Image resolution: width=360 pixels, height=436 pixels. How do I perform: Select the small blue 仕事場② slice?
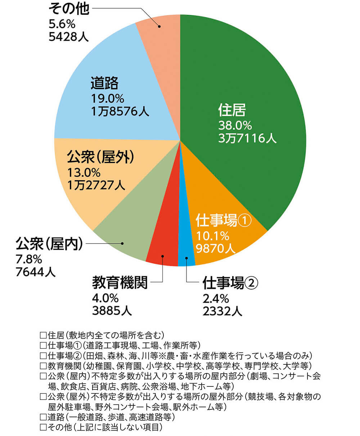(186, 252)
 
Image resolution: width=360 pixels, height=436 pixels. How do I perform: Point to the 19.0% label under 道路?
(107, 98)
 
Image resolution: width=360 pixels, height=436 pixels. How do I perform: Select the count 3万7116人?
(247, 138)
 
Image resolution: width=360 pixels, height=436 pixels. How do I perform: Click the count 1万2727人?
(96, 185)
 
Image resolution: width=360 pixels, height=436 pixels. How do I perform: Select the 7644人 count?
(36, 271)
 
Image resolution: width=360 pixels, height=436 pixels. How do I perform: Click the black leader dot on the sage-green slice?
(123, 244)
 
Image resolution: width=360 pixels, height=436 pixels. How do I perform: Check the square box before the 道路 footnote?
(43, 417)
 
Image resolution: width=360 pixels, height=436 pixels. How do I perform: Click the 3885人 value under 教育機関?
(112, 310)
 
